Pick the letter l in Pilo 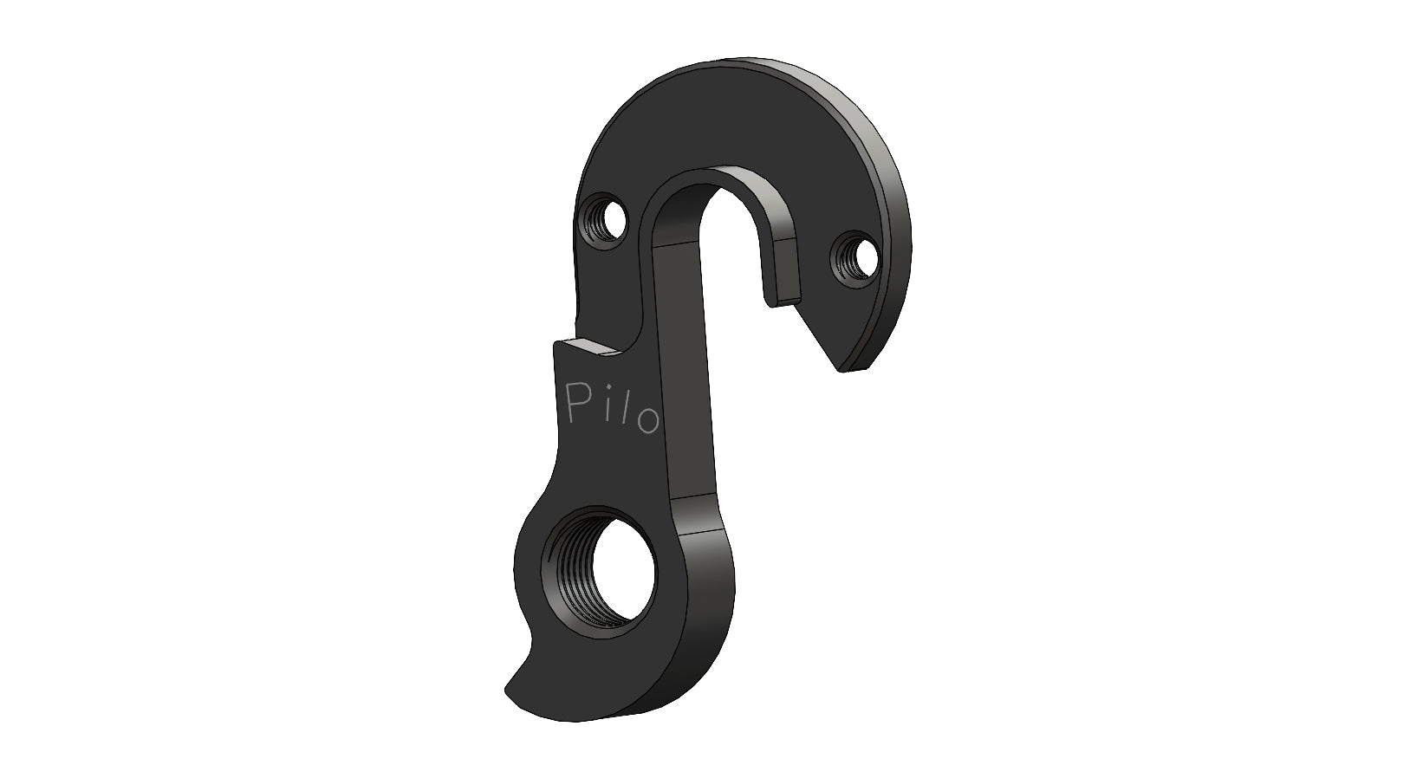click(621, 413)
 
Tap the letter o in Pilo click(646, 420)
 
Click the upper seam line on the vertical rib click(680, 244)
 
